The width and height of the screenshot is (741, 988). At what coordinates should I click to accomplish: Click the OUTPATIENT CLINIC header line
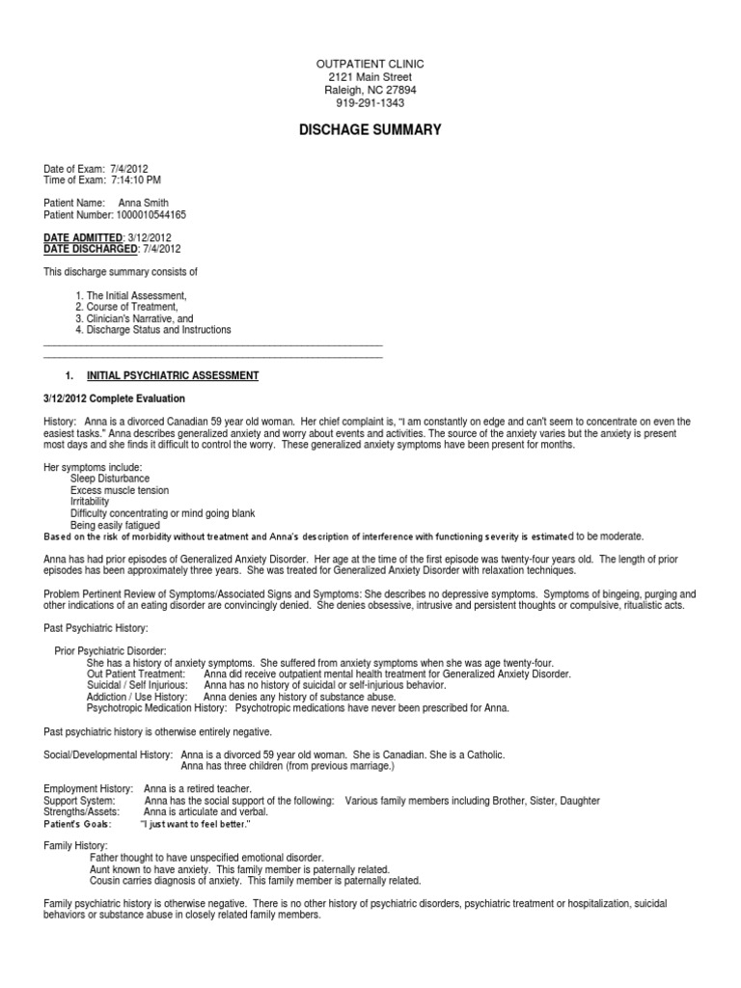(370, 64)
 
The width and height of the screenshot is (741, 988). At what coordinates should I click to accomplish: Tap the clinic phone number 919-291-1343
(370, 103)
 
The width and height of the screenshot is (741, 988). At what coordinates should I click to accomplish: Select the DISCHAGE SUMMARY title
(370, 129)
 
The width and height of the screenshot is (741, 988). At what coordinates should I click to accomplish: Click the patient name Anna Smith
(144, 203)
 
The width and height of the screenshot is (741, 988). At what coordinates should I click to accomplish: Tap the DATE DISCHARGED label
(92, 250)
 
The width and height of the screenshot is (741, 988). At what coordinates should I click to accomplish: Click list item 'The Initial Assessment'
(136, 295)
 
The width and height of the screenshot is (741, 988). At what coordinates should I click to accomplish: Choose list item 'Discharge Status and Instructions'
(159, 330)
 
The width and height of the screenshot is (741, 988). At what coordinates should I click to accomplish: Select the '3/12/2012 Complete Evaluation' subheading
(114, 398)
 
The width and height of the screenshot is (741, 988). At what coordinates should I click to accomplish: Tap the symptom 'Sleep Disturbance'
(110, 479)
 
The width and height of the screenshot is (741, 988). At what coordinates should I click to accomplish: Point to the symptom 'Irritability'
(90, 502)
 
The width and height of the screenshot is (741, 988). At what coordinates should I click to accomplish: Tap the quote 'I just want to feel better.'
(196, 824)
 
